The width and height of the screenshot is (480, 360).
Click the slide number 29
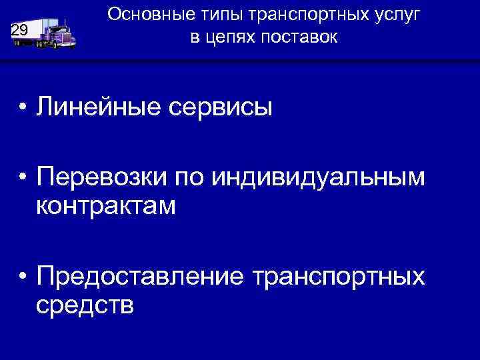(x=19, y=29)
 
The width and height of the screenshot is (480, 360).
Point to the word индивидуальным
(x=318, y=179)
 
